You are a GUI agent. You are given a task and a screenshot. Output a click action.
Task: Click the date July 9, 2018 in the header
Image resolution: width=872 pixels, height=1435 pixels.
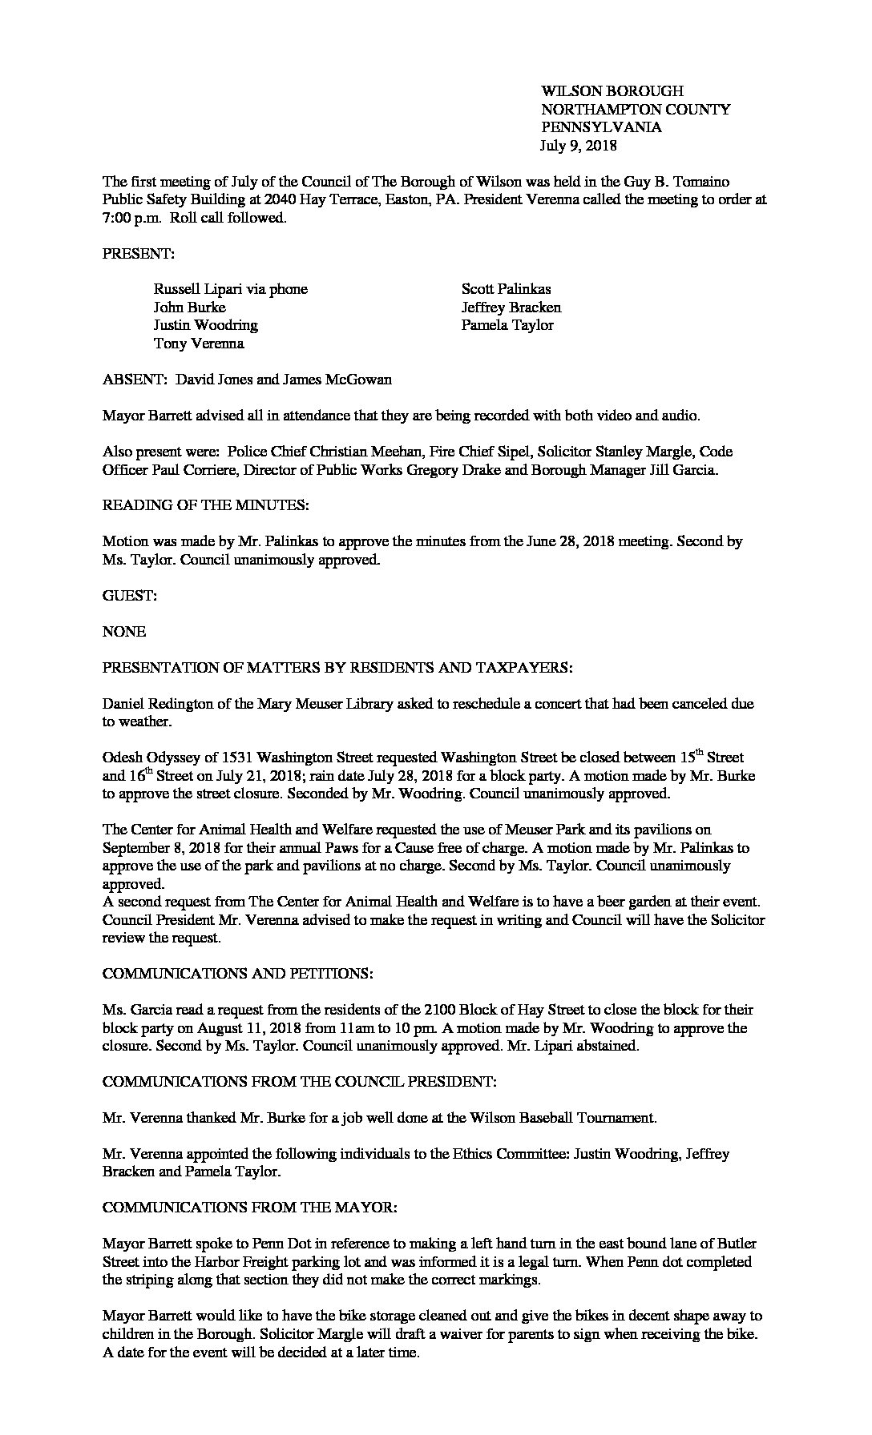click(x=579, y=146)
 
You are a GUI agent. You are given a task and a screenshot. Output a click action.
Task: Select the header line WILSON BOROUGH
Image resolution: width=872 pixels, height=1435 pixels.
click(x=612, y=91)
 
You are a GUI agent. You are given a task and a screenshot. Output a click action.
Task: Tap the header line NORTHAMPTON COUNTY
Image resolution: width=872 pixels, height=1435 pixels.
click(x=636, y=110)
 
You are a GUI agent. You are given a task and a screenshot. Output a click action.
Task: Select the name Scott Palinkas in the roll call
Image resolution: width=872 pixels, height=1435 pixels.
click(x=506, y=289)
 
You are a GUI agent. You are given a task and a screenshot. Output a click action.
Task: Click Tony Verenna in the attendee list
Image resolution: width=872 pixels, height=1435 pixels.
click(x=199, y=344)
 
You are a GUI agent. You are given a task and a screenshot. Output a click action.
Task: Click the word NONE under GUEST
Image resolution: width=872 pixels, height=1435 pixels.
click(x=124, y=632)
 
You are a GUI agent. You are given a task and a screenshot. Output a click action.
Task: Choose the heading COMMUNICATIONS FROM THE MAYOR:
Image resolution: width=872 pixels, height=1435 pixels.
click(x=249, y=1208)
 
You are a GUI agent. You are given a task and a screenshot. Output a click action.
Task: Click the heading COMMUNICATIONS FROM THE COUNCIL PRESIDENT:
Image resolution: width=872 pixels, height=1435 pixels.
click(x=300, y=1082)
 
